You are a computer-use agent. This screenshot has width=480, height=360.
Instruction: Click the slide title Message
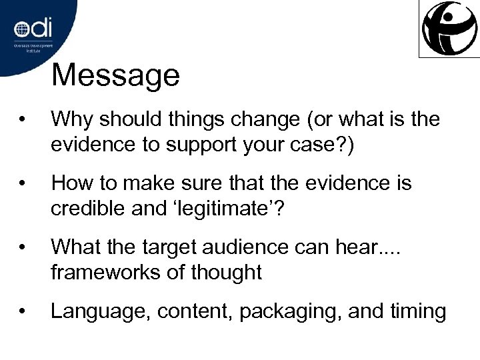(x=115, y=75)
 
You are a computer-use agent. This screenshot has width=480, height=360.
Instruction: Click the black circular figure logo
(x=449, y=28)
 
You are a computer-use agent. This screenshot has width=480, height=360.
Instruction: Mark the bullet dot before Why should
(x=23, y=121)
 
